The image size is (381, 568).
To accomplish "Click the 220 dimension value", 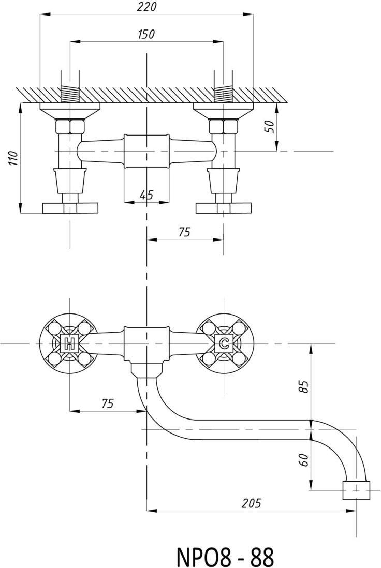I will (x=146, y=7).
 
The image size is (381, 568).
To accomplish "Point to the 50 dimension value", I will (x=269, y=126).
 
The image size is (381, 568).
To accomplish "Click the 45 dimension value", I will (x=146, y=195).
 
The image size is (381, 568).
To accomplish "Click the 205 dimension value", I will (x=251, y=502).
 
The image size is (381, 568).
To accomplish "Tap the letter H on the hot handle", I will (x=69, y=342).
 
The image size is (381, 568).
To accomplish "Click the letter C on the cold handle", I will (x=224, y=342).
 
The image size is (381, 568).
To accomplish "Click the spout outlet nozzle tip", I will (x=357, y=490).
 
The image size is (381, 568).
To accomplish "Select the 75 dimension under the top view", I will (x=184, y=232).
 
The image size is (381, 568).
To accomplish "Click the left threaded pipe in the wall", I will (x=70, y=94).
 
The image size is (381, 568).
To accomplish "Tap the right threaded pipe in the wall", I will (x=224, y=94).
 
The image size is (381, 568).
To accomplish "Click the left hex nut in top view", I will (x=70, y=126).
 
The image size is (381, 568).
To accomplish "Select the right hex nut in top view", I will (x=224, y=126).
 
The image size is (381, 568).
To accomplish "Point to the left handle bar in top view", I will (x=70, y=208).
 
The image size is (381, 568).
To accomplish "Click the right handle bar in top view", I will (x=224, y=208).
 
